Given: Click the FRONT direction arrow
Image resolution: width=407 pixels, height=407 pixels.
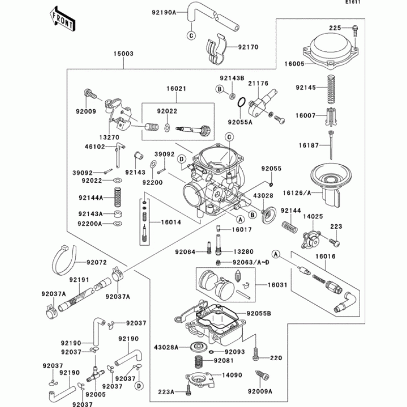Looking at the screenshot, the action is coord(63,20).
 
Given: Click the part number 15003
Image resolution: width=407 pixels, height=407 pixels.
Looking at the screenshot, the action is coord(123,54).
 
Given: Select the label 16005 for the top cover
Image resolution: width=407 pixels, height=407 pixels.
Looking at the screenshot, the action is coord(295,64).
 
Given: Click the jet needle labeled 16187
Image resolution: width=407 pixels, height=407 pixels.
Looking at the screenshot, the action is coord(331,145).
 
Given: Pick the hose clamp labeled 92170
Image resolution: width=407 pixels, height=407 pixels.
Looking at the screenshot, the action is coord(217,49).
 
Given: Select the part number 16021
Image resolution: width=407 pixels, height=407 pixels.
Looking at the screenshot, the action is coord(176,89).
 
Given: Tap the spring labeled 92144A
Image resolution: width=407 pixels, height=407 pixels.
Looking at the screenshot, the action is coord(118,197).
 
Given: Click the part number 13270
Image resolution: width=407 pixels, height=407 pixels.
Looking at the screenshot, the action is coord(109,137).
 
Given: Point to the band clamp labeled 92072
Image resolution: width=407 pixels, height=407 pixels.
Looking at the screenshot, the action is coord(64,260).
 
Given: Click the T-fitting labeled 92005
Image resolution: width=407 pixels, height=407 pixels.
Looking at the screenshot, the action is coord(95,374).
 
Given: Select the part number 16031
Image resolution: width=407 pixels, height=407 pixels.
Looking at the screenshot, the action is coord(277,285).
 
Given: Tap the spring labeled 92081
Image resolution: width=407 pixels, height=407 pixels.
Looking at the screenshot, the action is coord(200,361).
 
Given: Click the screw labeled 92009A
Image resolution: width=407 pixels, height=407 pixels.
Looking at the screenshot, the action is coord(262,375).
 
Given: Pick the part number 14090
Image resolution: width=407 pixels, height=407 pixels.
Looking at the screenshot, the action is coord(232,375).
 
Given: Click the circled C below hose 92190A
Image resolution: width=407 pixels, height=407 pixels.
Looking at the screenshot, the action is coord(191,35).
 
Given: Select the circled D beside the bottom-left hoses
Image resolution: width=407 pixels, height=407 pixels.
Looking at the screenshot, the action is coord(139,386).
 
